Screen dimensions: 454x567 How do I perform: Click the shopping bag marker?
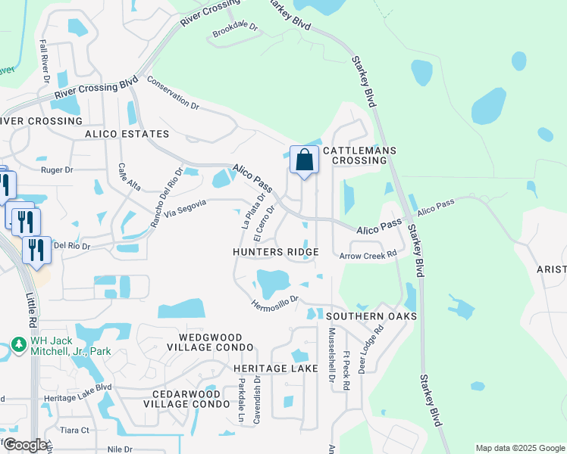click(304, 160)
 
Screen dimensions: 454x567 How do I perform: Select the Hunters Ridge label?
click(275, 252)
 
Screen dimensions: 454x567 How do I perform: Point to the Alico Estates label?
click(120, 133)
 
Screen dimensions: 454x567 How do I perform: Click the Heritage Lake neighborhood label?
click(265, 368)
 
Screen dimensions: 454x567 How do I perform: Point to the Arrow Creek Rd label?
click(368, 255)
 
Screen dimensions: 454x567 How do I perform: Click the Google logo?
click(25, 445)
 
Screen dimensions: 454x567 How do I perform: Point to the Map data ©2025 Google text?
click(519, 448)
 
